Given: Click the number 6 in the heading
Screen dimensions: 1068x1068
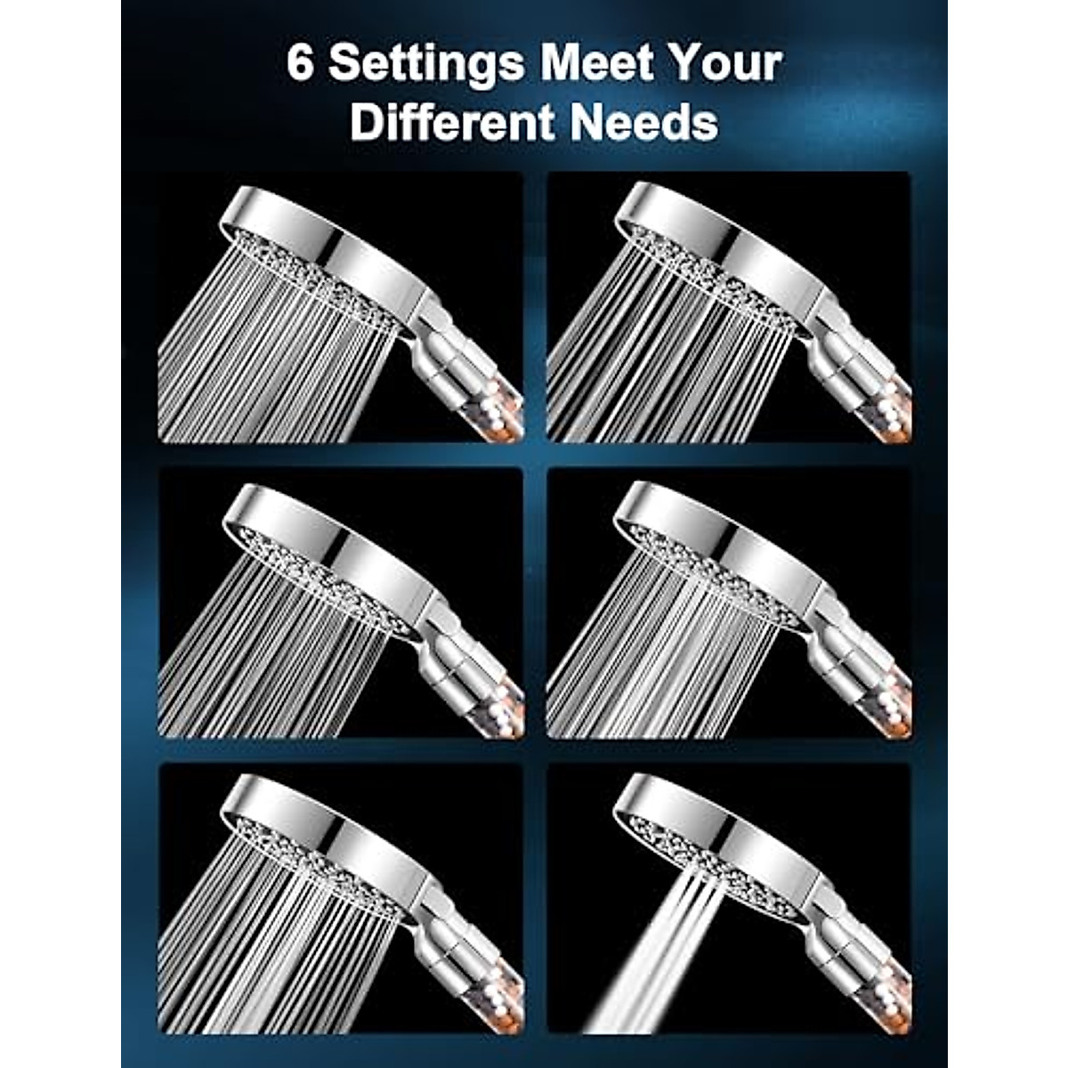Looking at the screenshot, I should click(x=301, y=64).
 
